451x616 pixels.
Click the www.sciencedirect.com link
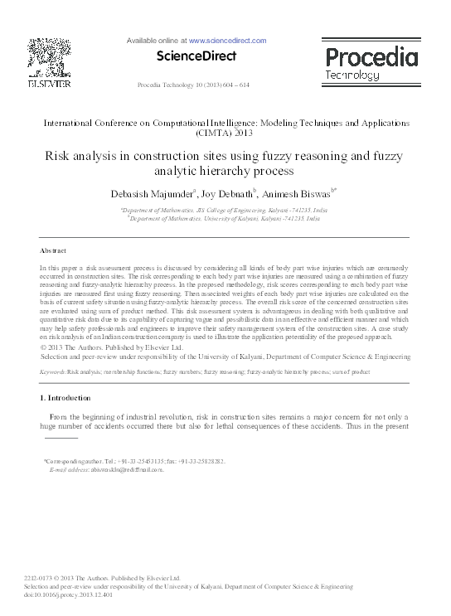(x=227, y=40)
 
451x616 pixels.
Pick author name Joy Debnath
(x=230, y=194)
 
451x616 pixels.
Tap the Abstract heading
(x=54, y=250)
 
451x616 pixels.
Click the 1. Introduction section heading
(x=68, y=399)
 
